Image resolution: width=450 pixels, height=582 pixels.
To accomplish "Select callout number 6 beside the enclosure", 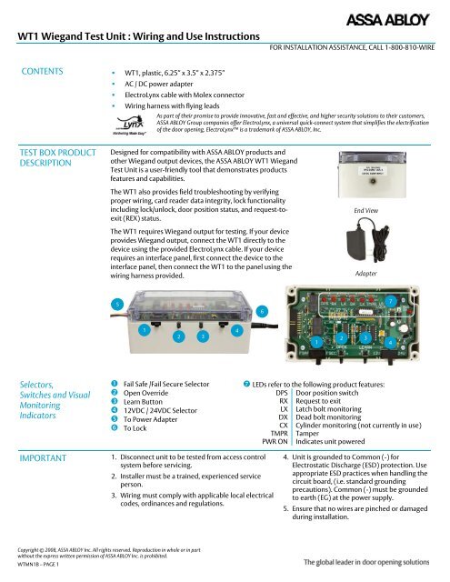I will coord(262,312).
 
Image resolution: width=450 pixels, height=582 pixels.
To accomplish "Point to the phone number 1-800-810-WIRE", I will coord(406,45).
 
